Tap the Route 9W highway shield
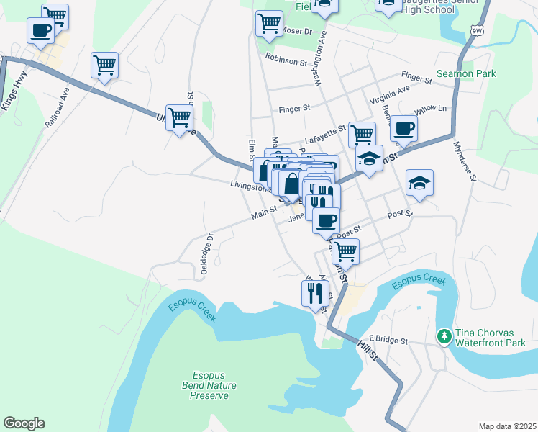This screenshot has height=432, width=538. tap(478, 30)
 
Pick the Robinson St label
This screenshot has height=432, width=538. tap(286, 58)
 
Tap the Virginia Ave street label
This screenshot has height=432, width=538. tap(389, 94)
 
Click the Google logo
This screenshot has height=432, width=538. tap(24, 423)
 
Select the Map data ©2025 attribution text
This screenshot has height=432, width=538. tap(507, 426)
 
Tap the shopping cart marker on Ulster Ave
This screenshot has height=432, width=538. tap(179, 117)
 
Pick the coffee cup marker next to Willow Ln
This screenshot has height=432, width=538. tap(403, 128)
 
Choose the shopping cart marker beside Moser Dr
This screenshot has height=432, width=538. tap(269, 22)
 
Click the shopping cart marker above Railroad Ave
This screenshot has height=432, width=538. tap(104, 65)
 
